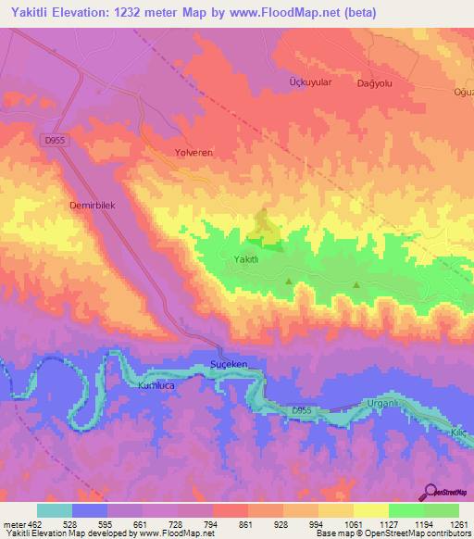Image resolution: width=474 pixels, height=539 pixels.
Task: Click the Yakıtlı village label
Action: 245,259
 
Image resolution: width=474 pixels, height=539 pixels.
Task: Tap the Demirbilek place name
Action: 91,207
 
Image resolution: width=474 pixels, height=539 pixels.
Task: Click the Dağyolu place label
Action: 376,82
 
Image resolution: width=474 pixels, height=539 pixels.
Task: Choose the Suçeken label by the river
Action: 230,365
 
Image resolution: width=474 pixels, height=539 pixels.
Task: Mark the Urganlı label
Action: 382,404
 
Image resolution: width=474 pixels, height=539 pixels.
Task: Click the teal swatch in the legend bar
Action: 55,510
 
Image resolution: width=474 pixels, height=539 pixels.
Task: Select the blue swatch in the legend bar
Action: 90,510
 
